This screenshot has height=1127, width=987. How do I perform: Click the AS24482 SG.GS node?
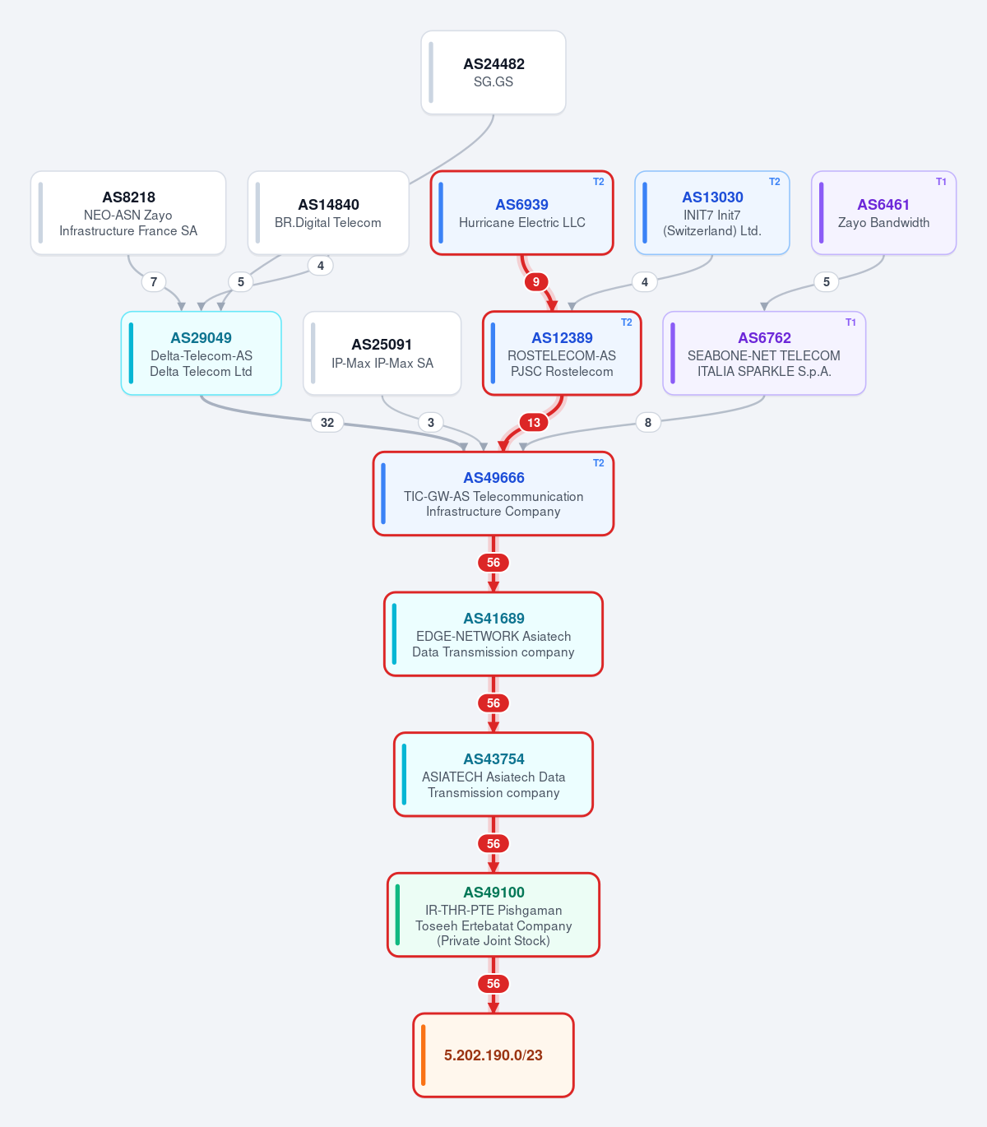pos(493,72)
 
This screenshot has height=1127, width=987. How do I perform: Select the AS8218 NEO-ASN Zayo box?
pos(128,212)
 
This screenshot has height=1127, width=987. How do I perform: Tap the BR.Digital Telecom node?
pos(328,212)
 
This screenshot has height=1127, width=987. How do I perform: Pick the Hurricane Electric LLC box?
pos(521,212)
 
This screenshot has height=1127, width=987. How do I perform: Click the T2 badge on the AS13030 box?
pos(775,182)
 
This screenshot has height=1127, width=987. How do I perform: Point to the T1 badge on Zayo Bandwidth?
pos(941,182)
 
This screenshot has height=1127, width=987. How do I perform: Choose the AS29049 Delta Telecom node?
pos(201,353)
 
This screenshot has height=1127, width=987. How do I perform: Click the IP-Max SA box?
pos(382,353)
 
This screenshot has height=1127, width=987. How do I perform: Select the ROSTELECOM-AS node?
pos(562,353)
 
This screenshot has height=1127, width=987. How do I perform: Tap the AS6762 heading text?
pos(764,337)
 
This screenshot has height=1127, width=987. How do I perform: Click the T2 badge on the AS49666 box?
pos(599,463)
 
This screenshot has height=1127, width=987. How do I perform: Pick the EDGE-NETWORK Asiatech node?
pos(493,634)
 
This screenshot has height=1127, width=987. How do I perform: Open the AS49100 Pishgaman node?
pos(493,915)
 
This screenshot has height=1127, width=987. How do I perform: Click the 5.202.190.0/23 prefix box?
pos(493,1055)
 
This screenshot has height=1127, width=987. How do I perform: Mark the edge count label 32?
pos(327,423)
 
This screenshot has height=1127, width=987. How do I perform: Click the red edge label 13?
pos(534,423)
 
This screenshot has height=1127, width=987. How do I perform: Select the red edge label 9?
pos(536,282)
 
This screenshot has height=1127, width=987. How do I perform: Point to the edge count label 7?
pos(154,282)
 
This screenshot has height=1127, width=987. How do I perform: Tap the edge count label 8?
pos(648,423)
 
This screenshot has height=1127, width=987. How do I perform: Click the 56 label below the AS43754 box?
pos(493,844)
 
